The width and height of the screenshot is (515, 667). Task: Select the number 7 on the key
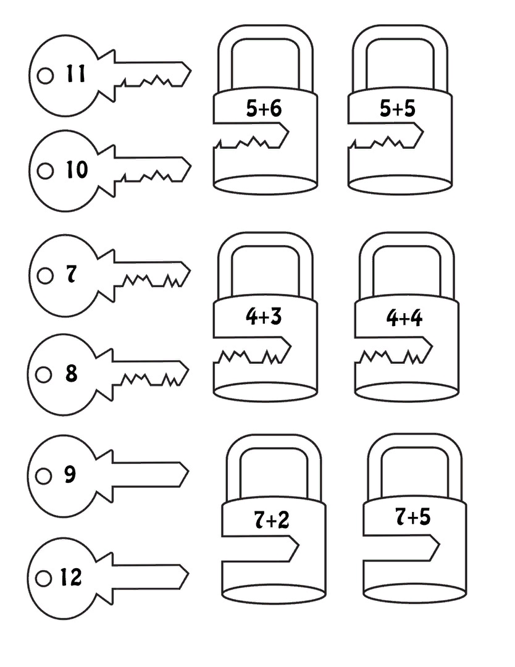pos(72,274)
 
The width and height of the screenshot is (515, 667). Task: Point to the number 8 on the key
pos(72,373)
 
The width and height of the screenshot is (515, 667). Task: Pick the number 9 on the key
pos(70,474)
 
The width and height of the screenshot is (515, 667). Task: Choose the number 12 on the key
pos(70,577)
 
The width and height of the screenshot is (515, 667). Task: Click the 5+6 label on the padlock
pos(264,108)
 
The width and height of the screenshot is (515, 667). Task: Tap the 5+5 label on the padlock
pos(397,108)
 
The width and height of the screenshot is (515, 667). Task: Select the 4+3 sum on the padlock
pos(264,316)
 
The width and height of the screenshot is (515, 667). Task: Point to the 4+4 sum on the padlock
pos(404,318)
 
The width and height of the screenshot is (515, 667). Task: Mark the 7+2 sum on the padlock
pos(271,520)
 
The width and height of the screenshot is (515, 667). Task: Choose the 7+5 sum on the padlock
pos(413,517)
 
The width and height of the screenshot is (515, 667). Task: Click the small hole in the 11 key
pos(46,76)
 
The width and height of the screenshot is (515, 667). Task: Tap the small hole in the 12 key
pos(43,579)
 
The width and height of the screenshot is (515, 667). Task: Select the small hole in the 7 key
pos(45,275)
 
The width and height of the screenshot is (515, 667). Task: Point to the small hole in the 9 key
pos(43,476)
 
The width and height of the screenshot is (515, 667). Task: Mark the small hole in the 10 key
pos(46,171)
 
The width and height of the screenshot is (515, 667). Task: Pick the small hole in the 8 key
pos(43,375)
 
